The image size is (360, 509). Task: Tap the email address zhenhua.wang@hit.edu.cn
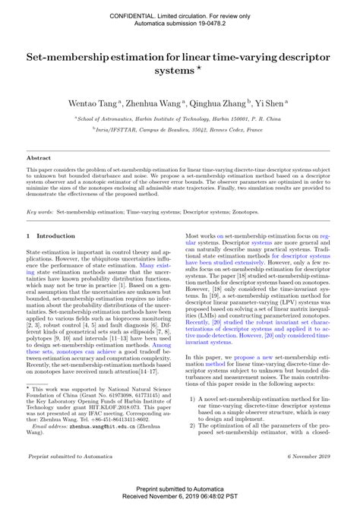tap(92, 427)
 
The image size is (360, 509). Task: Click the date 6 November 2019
tap(310, 455)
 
